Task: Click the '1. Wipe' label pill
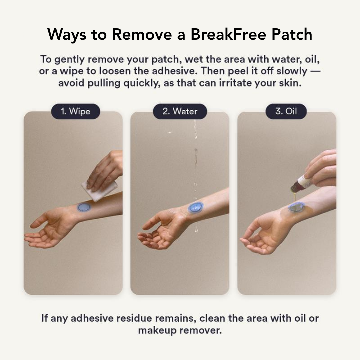click(75, 111)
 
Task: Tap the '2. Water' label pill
click(180, 111)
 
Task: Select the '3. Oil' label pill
click(286, 111)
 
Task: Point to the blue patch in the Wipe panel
click(84, 207)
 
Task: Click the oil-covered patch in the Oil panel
click(295, 208)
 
